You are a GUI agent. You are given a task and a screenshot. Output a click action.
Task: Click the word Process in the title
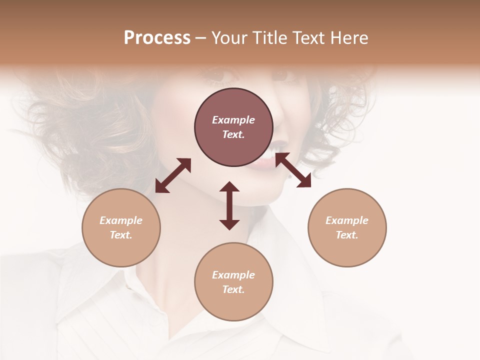157,38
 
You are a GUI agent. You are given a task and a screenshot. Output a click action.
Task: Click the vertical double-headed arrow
229,205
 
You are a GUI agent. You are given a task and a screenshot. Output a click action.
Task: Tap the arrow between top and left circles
173,175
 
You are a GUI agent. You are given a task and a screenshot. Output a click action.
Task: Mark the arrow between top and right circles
293,170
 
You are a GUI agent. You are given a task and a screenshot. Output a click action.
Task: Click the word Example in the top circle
233,120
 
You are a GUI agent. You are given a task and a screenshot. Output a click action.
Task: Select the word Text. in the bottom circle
233,289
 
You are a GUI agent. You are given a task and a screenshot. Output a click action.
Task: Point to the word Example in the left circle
121,220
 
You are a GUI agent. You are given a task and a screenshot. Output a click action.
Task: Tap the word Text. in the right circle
347,235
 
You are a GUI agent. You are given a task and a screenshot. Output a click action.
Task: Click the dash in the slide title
201,38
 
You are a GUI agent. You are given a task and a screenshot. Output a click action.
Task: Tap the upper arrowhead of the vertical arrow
229,187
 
